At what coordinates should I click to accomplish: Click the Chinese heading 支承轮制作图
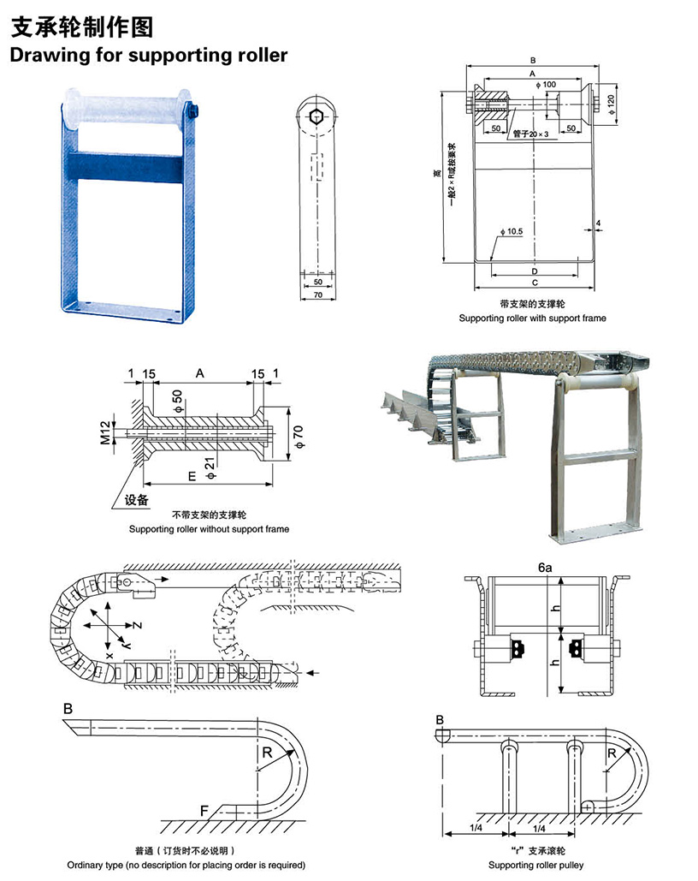[82, 27]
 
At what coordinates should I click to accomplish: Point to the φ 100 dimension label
[545, 84]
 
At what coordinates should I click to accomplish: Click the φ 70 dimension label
[298, 433]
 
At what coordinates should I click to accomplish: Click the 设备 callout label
[137, 499]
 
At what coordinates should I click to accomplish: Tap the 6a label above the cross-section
[545, 567]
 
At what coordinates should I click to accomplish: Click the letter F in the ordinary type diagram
[204, 809]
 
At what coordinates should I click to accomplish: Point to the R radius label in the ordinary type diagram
[267, 753]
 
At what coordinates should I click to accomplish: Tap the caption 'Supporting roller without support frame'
[209, 529]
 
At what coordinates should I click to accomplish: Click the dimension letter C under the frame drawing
[534, 282]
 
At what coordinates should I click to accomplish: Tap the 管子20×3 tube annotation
[531, 134]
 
